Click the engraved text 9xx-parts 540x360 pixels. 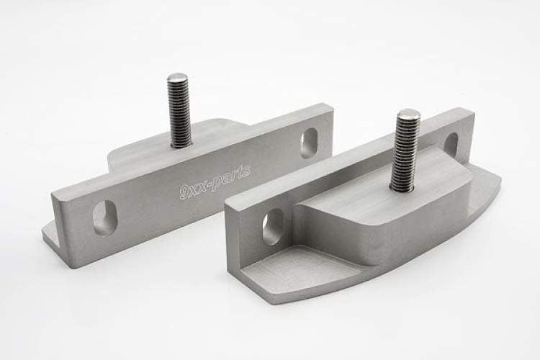tap(215, 182)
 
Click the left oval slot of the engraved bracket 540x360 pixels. tap(103, 217)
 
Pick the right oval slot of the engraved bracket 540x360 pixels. tap(309, 143)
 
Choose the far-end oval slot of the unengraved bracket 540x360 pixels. tap(451, 144)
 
